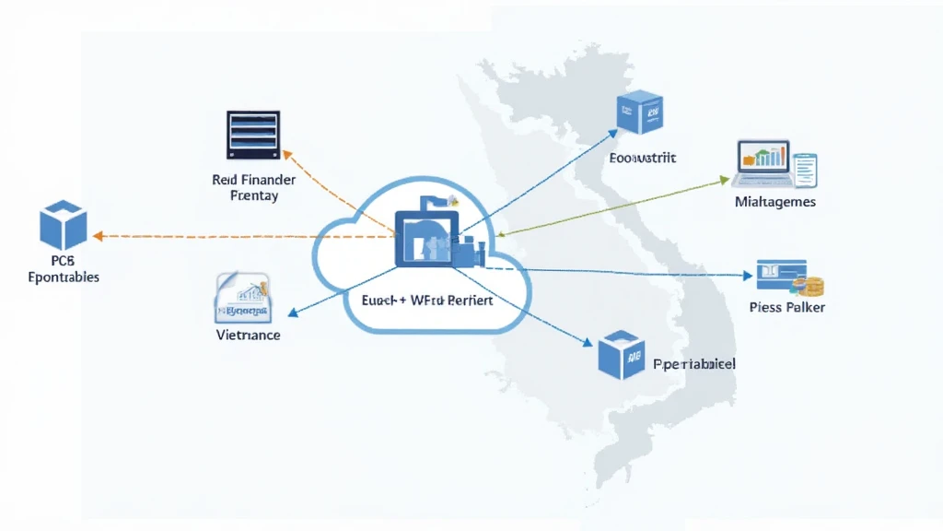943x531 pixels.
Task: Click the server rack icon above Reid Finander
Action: [x=252, y=135]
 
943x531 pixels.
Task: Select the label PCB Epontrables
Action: [x=63, y=268]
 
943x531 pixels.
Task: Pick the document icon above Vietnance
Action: [x=241, y=297]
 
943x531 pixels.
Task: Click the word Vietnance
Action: [x=247, y=335]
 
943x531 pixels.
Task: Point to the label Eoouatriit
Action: [x=643, y=158]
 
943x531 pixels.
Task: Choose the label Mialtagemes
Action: [x=774, y=201]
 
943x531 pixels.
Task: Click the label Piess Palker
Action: [x=786, y=307]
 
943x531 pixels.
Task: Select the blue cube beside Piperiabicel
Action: [x=618, y=357]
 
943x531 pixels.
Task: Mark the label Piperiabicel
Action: [x=693, y=364]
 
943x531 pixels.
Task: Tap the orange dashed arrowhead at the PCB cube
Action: [x=99, y=237]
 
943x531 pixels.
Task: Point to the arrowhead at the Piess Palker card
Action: [x=750, y=275]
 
